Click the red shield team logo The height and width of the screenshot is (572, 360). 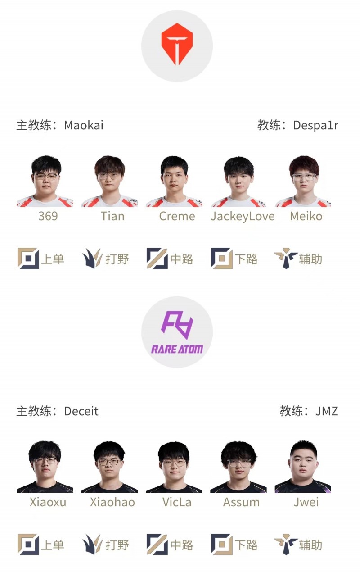(x=177, y=44)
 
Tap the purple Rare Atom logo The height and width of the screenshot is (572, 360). (x=177, y=332)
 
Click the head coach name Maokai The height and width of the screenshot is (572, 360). (x=84, y=125)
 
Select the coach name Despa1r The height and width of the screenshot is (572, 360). (x=315, y=125)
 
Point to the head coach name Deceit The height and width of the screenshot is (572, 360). (x=81, y=411)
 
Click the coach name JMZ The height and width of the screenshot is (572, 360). (x=327, y=411)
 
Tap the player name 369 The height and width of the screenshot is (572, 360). (x=48, y=216)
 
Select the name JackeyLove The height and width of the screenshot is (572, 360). (x=243, y=217)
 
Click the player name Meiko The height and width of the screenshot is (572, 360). (x=306, y=216)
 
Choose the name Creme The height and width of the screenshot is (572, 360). (x=177, y=216)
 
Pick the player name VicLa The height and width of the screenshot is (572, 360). (x=177, y=502)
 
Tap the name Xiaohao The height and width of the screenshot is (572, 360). (x=112, y=502)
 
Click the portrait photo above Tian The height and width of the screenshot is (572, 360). (x=110, y=181)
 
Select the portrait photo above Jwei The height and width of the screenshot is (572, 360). (x=303, y=467)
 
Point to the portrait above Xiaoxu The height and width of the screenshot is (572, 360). (x=45, y=467)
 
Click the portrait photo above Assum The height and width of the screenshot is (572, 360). (x=238, y=467)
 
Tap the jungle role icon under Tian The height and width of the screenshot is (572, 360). (x=92, y=259)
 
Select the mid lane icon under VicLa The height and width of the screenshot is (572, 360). (x=157, y=544)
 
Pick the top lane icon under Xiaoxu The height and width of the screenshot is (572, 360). (x=28, y=544)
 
